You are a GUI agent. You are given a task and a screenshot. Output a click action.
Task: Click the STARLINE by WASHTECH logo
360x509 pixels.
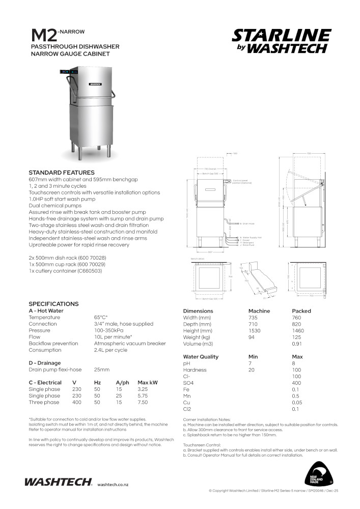tap(281, 41)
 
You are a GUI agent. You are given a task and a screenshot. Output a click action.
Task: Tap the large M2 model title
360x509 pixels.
tap(44, 36)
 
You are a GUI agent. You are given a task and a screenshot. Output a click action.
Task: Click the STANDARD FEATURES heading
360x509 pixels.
tap(61, 173)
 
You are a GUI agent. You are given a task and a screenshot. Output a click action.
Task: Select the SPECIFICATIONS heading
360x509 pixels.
tap(53, 304)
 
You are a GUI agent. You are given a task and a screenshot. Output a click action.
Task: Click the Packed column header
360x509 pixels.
tap(301, 311)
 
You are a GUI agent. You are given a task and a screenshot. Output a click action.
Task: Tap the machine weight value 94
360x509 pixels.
tap(252, 337)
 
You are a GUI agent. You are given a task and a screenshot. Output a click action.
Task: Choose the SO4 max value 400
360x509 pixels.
tap(296, 383)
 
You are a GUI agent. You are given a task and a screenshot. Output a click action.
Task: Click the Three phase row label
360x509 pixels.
tap(44, 402)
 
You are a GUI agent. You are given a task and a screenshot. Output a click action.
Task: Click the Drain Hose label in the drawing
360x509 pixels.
tap(248, 223)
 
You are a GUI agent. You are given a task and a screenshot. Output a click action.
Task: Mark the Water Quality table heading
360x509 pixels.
tap(201, 357)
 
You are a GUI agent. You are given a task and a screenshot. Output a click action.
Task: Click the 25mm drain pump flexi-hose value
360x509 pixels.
tap(101, 370)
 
